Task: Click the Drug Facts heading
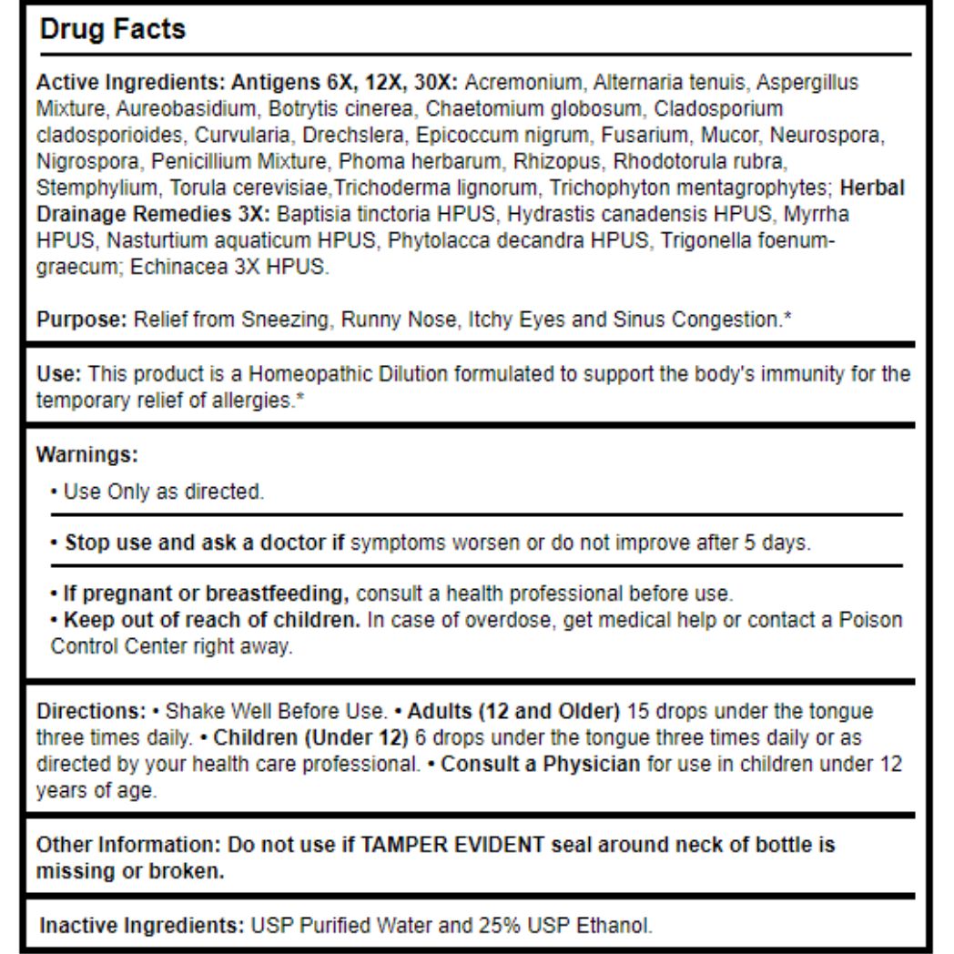tap(113, 29)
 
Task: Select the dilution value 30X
tap(441, 83)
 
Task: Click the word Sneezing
tap(287, 320)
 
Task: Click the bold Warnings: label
tap(86, 452)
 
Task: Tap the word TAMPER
tap(414, 844)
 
